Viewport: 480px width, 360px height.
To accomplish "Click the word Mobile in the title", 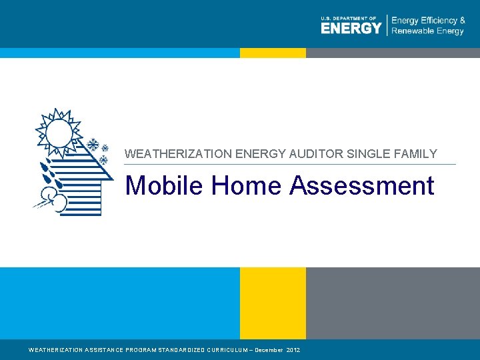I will [165, 185].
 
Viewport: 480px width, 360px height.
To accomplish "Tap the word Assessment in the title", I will [362, 185].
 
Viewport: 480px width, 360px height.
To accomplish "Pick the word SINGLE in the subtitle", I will [371, 154].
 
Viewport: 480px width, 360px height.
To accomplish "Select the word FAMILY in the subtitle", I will [417, 154].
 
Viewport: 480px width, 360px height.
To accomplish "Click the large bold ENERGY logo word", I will [351, 28].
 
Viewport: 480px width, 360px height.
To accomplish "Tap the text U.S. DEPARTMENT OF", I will [349, 19].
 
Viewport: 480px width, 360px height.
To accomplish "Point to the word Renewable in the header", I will [411, 31].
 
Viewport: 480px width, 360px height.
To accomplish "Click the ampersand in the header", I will [462, 21].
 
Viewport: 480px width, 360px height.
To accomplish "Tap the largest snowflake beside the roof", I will [94, 145].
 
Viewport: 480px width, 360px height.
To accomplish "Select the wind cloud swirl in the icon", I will [52, 199].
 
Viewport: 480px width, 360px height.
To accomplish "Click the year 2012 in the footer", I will [293, 350].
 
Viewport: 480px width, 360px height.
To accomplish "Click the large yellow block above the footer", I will [273, 303].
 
